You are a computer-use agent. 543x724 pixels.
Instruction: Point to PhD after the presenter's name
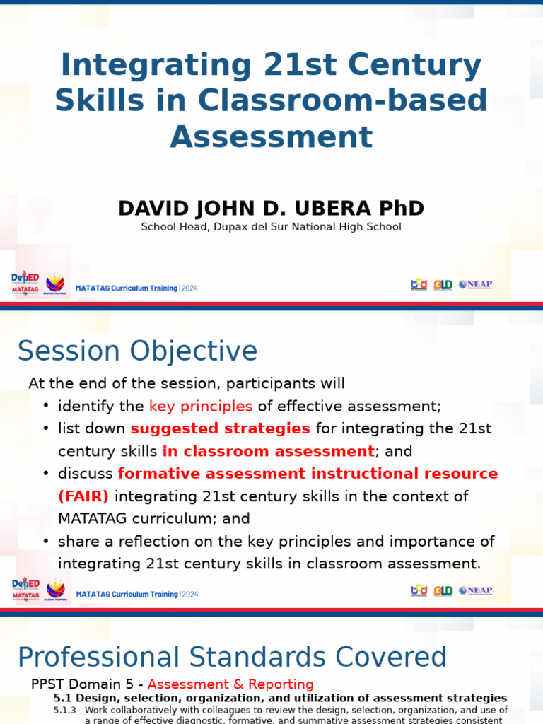tap(401, 209)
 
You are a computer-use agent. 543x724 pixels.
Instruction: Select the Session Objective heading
tap(137, 351)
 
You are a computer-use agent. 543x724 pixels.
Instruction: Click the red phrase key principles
tap(201, 406)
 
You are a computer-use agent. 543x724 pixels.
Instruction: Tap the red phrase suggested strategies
tap(220, 428)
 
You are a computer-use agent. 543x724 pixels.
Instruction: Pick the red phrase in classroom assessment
tap(268, 451)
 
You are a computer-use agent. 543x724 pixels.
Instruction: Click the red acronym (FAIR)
tap(83, 496)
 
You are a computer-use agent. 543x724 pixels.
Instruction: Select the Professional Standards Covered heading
tap(232, 658)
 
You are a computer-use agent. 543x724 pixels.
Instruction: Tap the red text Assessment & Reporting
tap(230, 684)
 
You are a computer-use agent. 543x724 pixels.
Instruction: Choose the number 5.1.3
tap(65, 709)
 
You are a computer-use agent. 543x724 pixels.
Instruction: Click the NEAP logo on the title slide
tap(475, 284)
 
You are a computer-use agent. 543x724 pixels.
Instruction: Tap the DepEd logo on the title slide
tap(25, 281)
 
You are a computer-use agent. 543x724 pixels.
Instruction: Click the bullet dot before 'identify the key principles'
tap(46, 406)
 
